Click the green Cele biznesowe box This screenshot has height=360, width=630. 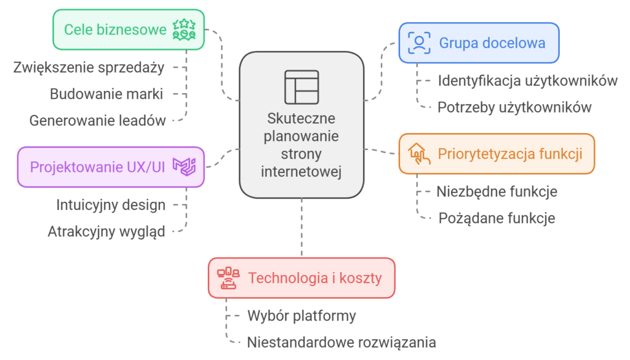coord(128,30)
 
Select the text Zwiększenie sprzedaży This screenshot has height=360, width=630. coord(89,67)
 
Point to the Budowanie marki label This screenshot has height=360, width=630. coord(106,94)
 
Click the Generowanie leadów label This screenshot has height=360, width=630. coord(97,121)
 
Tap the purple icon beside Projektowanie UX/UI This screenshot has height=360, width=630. coord(184,167)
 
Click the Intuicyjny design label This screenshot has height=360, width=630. coord(111,204)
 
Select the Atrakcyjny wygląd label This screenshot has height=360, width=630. coord(106,232)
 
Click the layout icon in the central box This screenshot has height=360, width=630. coord(301,87)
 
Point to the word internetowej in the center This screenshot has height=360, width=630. coord(301,171)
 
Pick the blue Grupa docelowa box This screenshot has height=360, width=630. coord(479,43)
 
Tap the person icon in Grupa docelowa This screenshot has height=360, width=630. coord(420,43)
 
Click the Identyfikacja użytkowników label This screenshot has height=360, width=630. coord(527,81)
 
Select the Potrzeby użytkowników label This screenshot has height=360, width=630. coord(514,107)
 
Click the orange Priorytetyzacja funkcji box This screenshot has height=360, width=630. coord(496,154)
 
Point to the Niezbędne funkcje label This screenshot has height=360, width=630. coord(496,191)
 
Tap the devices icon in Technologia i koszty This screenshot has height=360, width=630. coord(228,278)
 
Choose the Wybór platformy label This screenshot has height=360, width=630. coord(301,316)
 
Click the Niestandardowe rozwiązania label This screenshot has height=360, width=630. coord(341,342)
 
